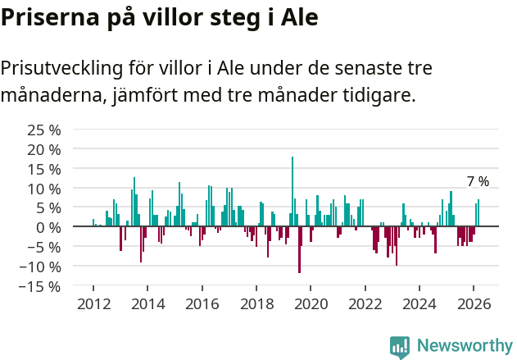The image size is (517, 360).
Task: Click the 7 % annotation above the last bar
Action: click(478, 182)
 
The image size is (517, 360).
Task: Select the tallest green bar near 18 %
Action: click(293, 191)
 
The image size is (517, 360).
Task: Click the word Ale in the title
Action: click(299, 17)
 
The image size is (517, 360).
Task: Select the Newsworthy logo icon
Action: click(400, 347)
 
